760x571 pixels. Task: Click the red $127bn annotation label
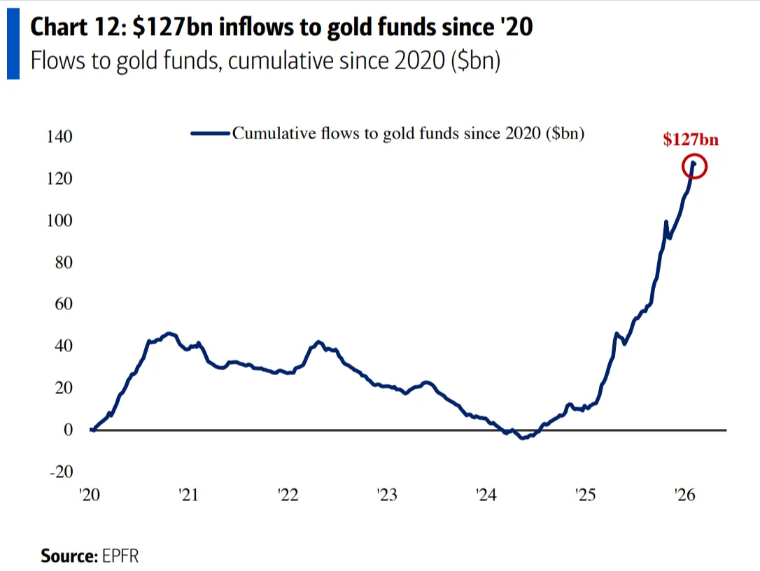691,140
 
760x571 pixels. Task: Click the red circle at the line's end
695,167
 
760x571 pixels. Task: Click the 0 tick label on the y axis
68,430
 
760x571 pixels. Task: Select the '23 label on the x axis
386,495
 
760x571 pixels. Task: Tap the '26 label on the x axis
684,495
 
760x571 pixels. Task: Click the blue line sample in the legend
210,133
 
